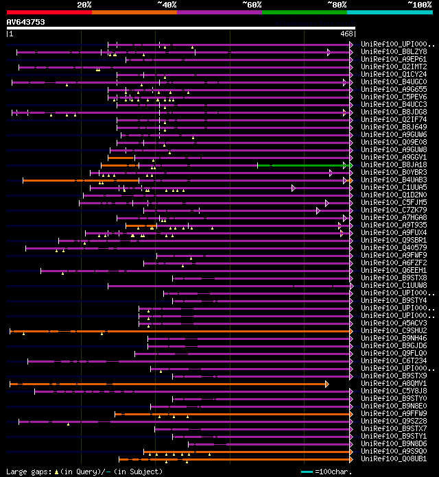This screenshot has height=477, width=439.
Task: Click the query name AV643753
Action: tap(26, 22)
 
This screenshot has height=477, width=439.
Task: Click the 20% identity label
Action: tap(84, 5)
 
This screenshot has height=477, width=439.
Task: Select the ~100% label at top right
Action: tap(419, 5)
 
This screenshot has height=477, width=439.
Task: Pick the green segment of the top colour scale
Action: tap(304, 12)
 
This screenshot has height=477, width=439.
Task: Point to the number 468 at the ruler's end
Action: tap(346, 34)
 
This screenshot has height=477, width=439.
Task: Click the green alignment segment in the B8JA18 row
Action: tap(302, 165)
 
